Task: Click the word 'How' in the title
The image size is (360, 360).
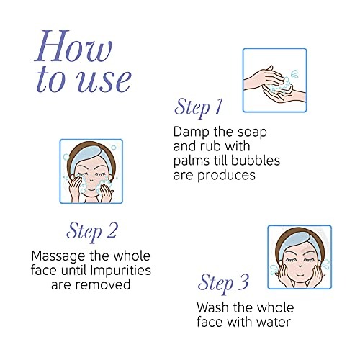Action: (x=73, y=46)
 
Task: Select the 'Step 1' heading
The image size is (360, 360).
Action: (x=198, y=107)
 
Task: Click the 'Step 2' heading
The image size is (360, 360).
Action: (x=92, y=231)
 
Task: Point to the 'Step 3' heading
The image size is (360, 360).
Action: (x=223, y=283)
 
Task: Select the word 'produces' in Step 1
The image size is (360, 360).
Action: (x=226, y=176)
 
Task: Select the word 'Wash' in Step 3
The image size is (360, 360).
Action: (x=212, y=307)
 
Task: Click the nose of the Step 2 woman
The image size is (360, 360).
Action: (x=91, y=179)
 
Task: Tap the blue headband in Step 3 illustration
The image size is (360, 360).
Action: (x=297, y=240)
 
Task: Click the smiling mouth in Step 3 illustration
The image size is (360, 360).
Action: (x=299, y=274)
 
